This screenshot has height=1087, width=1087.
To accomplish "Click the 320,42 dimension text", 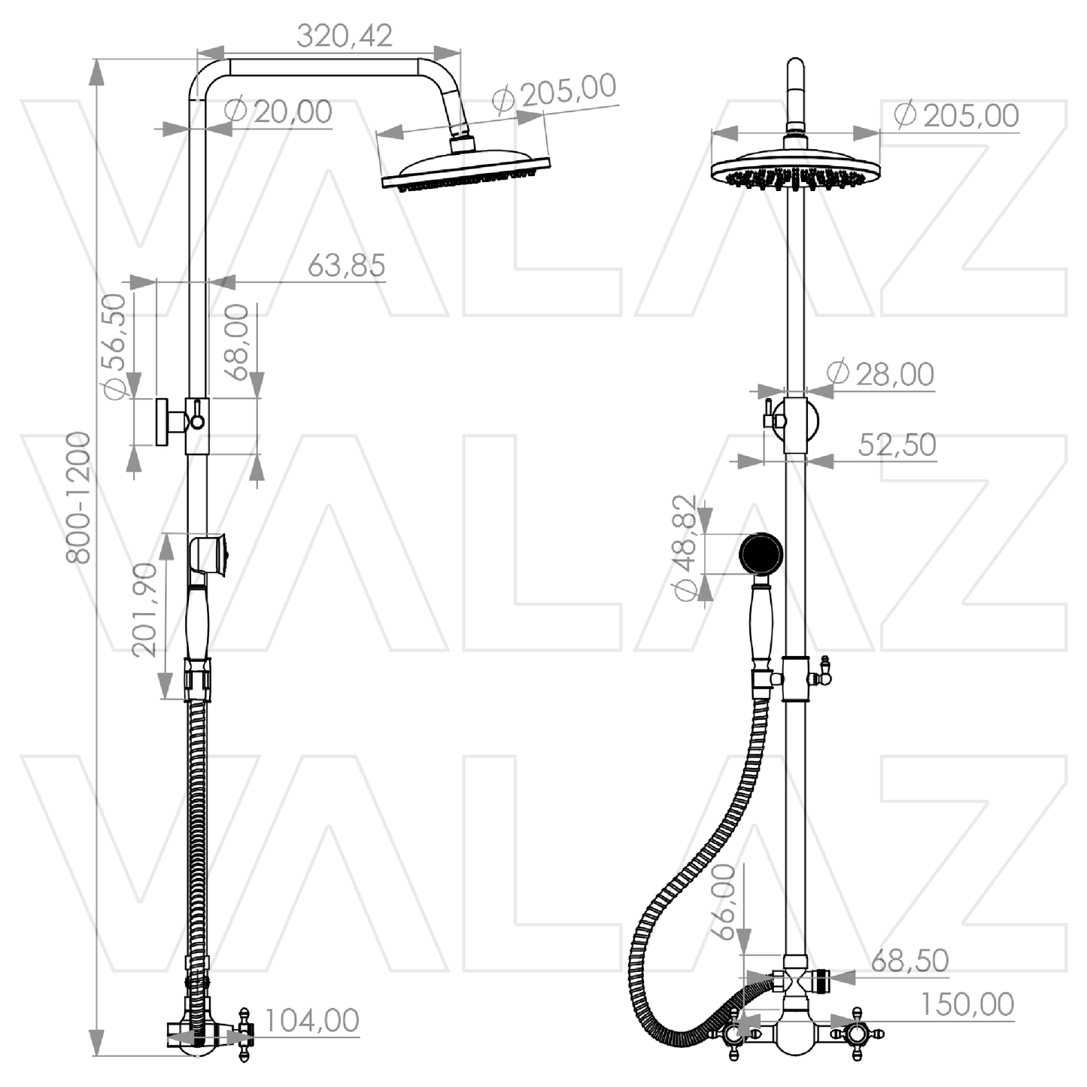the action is [x=344, y=36].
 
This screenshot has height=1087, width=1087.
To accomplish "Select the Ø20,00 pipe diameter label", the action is [x=278, y=111].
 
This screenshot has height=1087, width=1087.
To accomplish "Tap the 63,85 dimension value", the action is [x=346, y=265].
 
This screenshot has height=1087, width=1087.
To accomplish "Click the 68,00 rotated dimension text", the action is [x=236, y=342].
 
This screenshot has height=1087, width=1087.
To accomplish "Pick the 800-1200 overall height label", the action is [x=77, y=497].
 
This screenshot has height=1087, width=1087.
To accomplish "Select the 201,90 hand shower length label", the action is [x=144, y=610].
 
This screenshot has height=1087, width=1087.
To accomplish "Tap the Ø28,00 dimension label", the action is [x=880, y=373].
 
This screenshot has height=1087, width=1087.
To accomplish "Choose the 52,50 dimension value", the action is [x=897, y=445].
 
